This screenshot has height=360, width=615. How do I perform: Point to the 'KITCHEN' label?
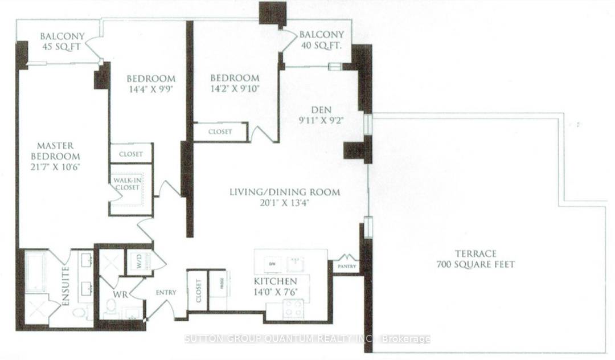click(275, 281)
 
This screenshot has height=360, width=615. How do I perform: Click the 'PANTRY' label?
click(346, 266)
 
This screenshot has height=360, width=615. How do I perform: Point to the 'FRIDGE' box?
click(218, 291)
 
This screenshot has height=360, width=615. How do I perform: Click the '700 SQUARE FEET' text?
click(475, 264)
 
